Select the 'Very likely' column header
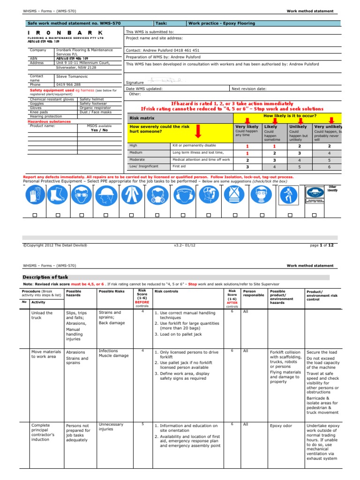[247, 127]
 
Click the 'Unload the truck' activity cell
[42, 315]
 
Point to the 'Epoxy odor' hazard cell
[281, 426]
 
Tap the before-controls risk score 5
[142, 424]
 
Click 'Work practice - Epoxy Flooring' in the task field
[222, 23]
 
